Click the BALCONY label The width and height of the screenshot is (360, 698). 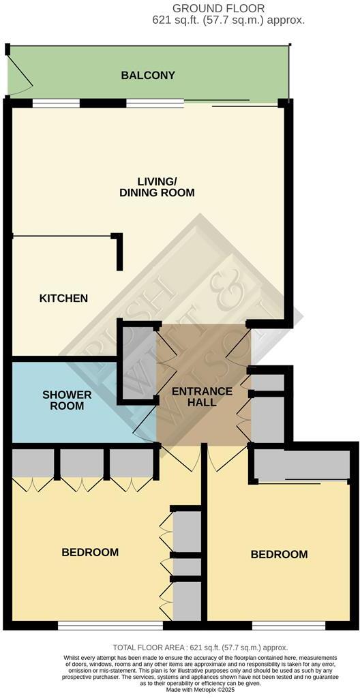click(148, 76)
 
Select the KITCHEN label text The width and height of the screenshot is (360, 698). click(63, 299)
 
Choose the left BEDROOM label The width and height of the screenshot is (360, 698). click(90, 552)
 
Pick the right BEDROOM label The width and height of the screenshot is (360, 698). click(279, 554)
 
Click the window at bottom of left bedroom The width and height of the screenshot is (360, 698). click(110, 623)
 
